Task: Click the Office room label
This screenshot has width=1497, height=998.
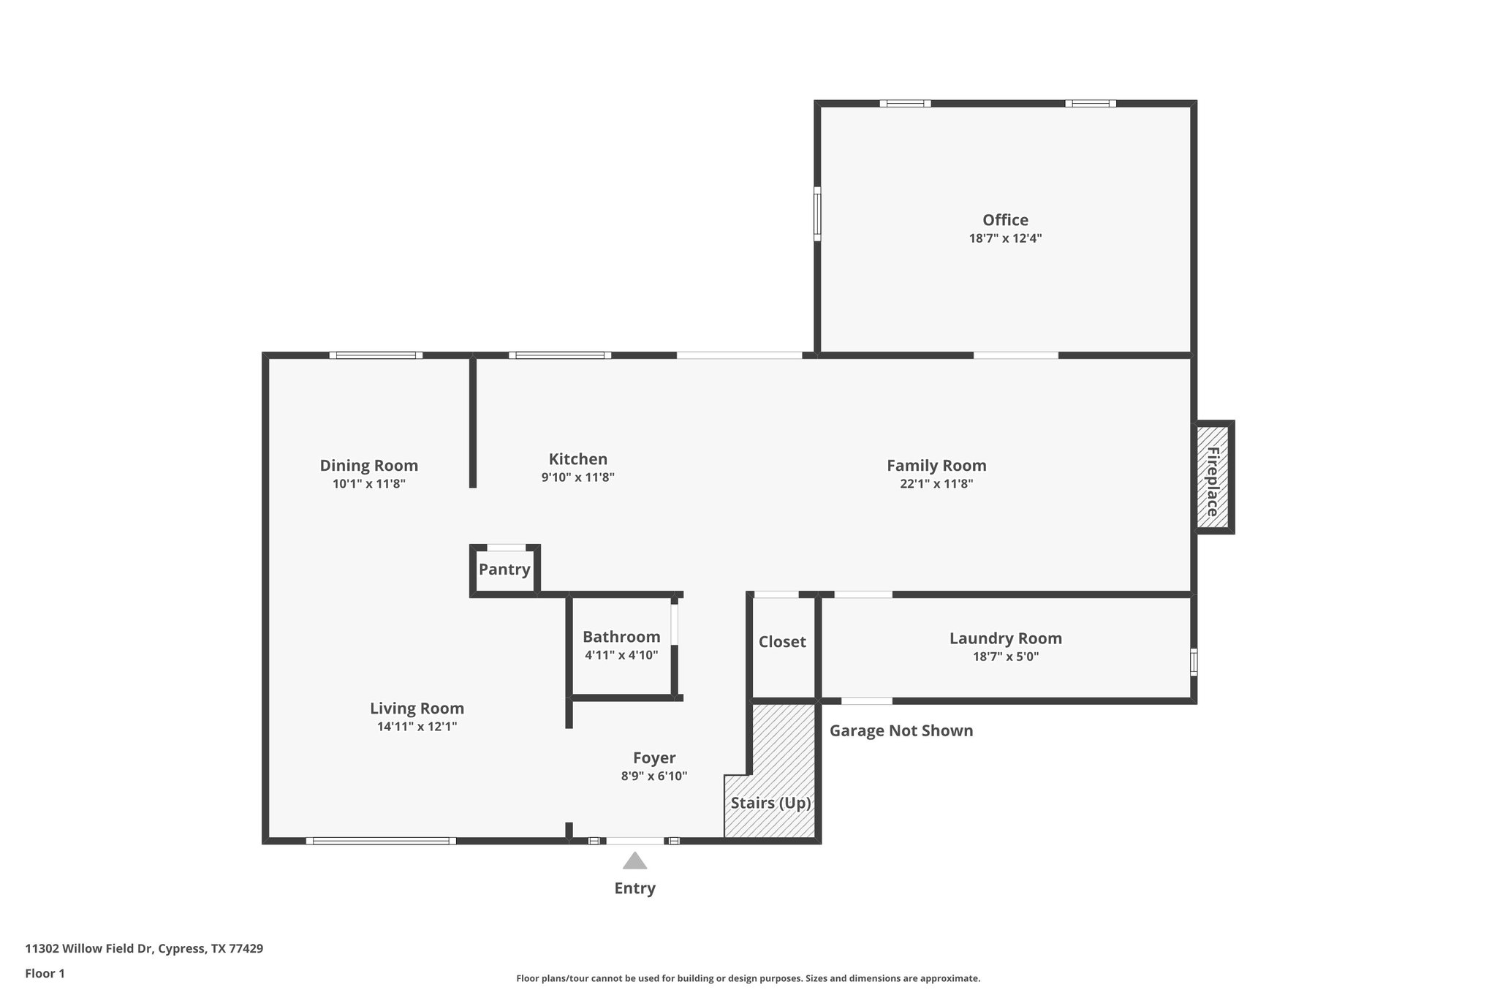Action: [1005, 220]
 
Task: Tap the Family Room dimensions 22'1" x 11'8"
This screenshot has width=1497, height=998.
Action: [936, 483]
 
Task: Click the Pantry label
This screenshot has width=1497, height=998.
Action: [504, 570]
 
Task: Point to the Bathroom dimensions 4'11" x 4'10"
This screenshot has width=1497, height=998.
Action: [621, 655]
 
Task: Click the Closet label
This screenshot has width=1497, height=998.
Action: [782, 642]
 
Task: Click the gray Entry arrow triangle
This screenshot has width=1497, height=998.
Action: [634, 861]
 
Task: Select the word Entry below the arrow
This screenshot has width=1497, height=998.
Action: [634, 888]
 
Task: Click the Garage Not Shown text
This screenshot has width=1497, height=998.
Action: [901, 730]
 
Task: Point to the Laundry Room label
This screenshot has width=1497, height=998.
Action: [1005, 638]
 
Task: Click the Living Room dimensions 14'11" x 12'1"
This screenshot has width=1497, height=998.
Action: [417, 726]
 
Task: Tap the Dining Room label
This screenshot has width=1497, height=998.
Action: [368, 466]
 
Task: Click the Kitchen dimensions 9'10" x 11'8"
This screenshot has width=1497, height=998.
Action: [577, 477]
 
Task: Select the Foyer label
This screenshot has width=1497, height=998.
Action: [653, 758]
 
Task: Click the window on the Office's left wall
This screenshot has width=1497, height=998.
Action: [817, 213]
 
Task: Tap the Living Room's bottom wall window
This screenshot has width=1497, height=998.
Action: [381, 841]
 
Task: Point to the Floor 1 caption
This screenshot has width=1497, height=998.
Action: [45, 973]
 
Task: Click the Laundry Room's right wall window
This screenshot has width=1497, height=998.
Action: [1194, 662]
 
